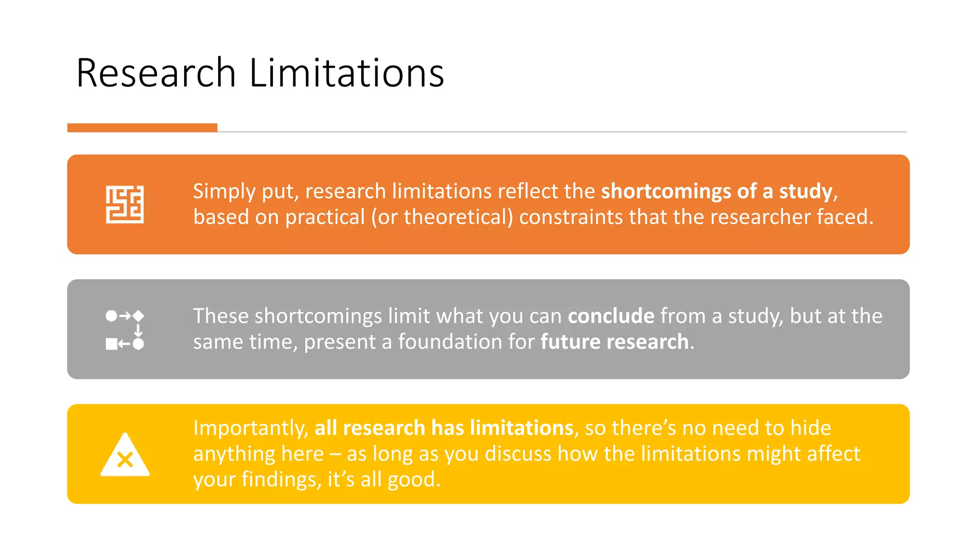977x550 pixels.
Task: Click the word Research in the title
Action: click(156, 73)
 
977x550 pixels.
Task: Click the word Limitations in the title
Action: click(346, 73)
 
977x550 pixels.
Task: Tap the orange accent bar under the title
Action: click(142, 127)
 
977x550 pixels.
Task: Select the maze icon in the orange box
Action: click(125, 204)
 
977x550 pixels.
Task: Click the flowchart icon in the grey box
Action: click(125, 329)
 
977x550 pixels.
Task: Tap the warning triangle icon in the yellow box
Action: click(125, 455)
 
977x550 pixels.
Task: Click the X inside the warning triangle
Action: click(125, 460)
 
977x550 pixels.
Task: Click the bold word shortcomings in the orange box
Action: click(666, 191)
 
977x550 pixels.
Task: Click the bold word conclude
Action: click(611, 316)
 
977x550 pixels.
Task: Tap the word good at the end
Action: click(413, 479)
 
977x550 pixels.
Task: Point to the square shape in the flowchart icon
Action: click(111, 344)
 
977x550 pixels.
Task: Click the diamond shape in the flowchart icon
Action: click(138, 316)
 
